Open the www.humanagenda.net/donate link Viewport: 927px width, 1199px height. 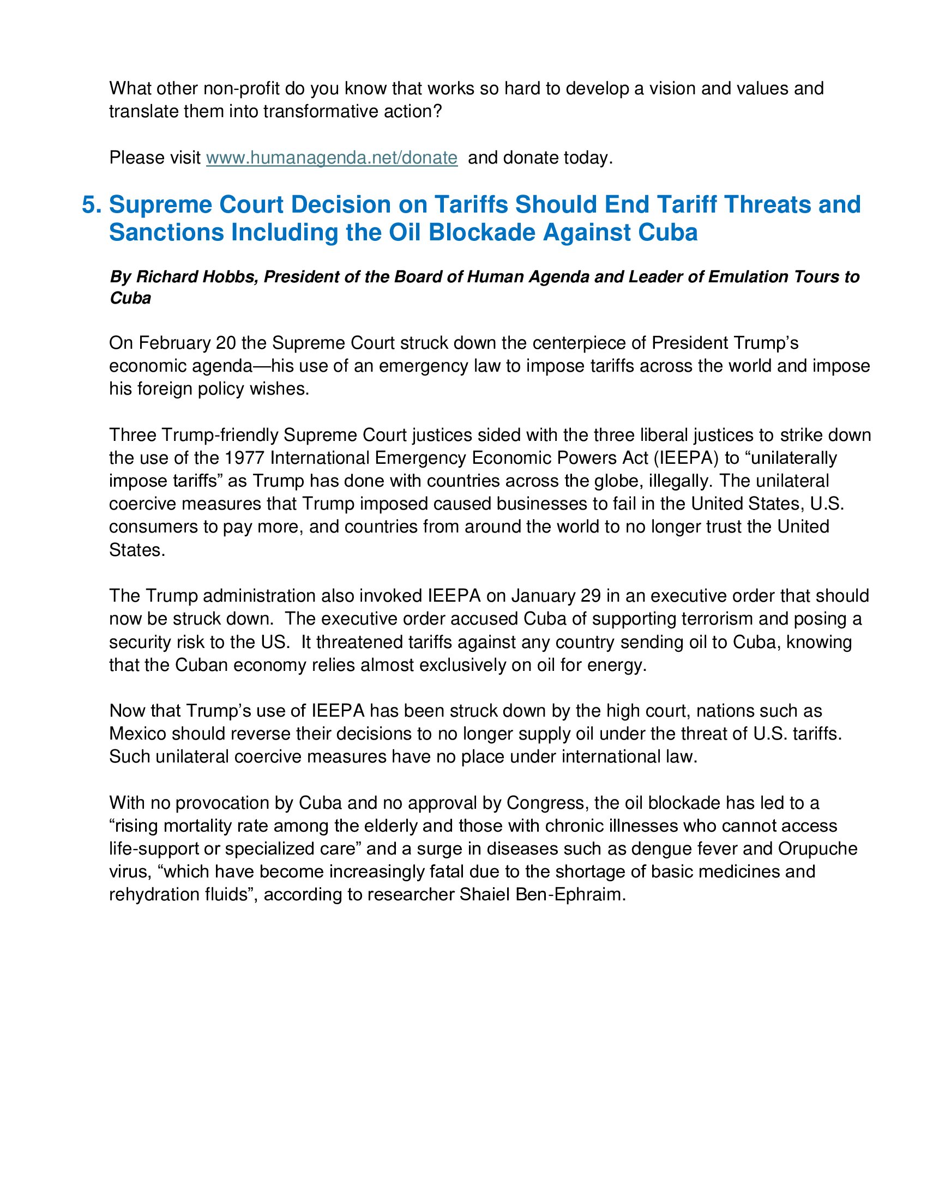[x=332, y=158]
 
